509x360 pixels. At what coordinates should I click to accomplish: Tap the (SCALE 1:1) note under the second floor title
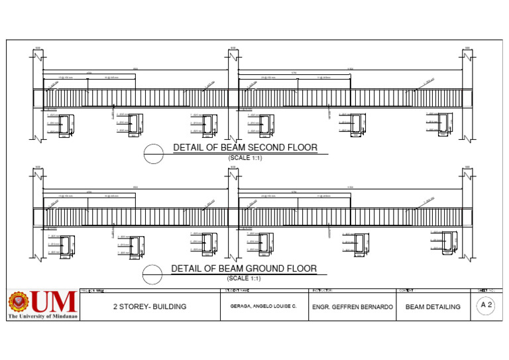245,158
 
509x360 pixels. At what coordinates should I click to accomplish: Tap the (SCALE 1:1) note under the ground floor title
245,278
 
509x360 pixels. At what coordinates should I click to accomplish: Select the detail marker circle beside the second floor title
154,152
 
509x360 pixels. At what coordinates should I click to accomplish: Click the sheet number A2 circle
486,305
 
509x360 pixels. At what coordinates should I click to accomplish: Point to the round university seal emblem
19,302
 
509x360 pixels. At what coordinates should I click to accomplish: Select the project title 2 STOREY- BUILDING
150,307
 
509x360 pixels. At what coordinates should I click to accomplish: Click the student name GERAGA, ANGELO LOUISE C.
264,307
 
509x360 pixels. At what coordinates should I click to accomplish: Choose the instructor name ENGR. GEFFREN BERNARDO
353,307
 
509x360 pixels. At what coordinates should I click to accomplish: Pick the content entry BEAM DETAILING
433,307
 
